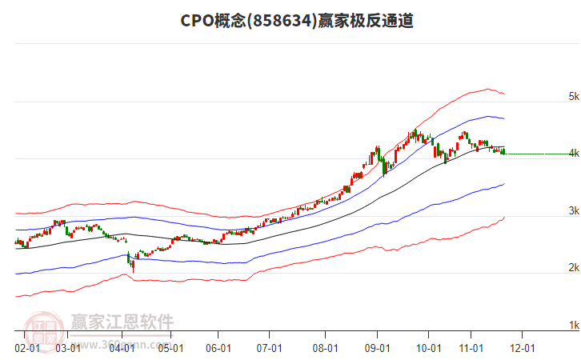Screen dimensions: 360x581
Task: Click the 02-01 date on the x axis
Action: coord(27,348)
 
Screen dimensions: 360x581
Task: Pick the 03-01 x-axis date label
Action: coord(69,348)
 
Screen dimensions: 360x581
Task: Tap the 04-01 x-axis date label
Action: coord(122,348)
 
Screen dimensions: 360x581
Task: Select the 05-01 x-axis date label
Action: coord(171,348)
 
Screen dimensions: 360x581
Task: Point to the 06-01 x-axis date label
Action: coord(218,348)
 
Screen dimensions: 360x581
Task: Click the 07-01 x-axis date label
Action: coord(270,348)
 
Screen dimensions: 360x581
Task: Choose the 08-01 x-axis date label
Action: coord(324,348)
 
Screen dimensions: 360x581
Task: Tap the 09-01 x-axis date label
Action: coord(377,348)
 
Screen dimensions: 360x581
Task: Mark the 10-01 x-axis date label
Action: coord(429,348)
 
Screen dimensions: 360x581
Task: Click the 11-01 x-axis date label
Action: coord(471,348)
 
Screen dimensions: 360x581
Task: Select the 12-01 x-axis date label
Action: coord(523,348)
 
